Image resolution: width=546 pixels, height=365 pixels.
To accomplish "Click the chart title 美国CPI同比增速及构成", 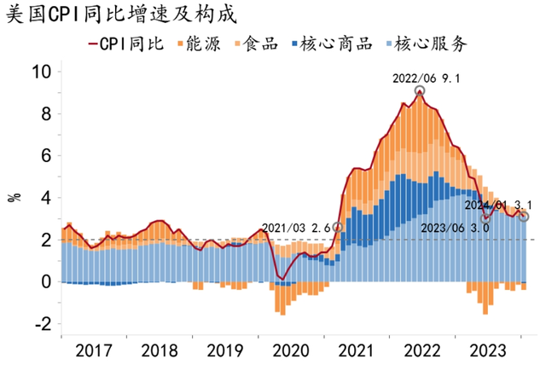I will coord(120,14).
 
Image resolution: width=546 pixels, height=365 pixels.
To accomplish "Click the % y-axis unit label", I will coord(15,198).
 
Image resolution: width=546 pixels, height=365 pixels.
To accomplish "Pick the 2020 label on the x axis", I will coord(293,351).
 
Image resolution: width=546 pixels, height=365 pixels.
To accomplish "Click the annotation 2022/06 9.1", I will coord(427,78).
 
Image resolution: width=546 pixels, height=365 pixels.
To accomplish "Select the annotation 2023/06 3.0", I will coord(456,228).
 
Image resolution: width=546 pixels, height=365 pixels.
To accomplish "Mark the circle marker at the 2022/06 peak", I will coord(419,91).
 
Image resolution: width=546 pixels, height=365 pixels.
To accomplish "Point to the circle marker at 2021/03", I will coord(338,228).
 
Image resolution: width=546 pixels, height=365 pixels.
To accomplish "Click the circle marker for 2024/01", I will coord(524,217).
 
